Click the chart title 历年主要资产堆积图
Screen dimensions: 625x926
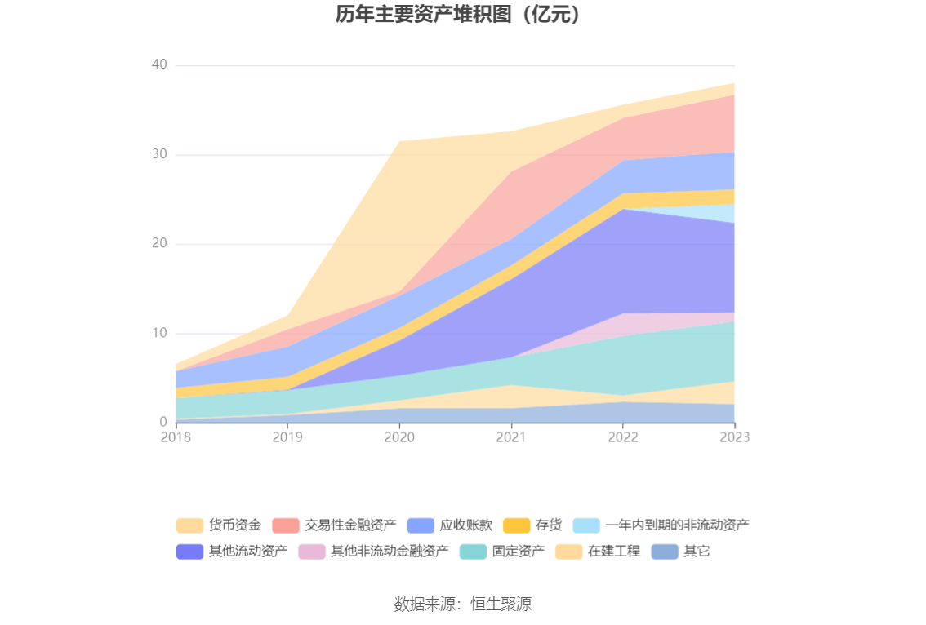pos(462,15)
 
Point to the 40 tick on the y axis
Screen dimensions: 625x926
pos(159,65)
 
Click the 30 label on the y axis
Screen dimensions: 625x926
pos(159,154)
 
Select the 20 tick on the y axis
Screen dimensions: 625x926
pos(159,244)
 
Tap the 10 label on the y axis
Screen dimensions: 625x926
pos(159,333)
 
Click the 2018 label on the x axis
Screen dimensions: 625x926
pos(176,437)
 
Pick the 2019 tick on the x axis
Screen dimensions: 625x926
pos(287,437)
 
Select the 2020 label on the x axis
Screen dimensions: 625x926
pos(399,437)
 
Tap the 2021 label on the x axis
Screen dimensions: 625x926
pos(511,437)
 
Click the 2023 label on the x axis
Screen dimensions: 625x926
pos(734,437)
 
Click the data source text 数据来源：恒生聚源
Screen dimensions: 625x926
pos(463,605)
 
